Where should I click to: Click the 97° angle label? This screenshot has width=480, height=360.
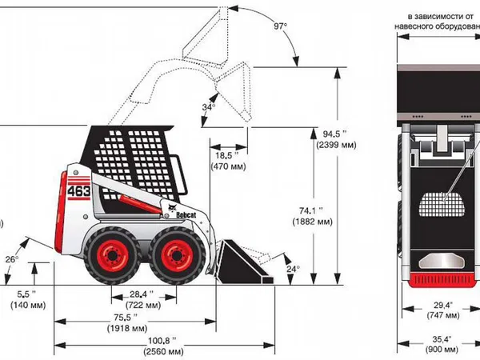pos(281,26)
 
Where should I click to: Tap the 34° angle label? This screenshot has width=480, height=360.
pos(209,107)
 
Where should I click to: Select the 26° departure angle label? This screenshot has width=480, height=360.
pos(12,259)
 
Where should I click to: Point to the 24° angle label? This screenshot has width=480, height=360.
pos(293,269)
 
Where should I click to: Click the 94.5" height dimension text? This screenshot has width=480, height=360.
pos(335,134)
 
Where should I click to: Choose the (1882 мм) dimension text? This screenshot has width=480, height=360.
pos(312,222)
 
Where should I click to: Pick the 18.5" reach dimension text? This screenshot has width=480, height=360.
pos(227,156)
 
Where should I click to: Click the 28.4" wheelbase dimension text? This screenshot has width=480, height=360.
pos(142,294)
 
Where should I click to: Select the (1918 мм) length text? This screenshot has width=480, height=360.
pos(127,329)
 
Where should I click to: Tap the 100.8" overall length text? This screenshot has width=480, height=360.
pos(162,341)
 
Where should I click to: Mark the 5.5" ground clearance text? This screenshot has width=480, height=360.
pos(26,294)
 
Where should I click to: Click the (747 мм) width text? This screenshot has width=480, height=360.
pos(443,315)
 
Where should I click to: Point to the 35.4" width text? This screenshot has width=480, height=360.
pos(442,339)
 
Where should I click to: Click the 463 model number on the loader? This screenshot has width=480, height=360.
pos(79,191)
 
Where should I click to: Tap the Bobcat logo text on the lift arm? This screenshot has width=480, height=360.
pos(186,215)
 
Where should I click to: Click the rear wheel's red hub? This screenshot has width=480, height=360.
pos(113,256)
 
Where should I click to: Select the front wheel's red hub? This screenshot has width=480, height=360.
pos(177,256)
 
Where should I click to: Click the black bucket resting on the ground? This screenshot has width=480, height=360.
pos(244,262)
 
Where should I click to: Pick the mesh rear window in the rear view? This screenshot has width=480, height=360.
pos(442,205)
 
